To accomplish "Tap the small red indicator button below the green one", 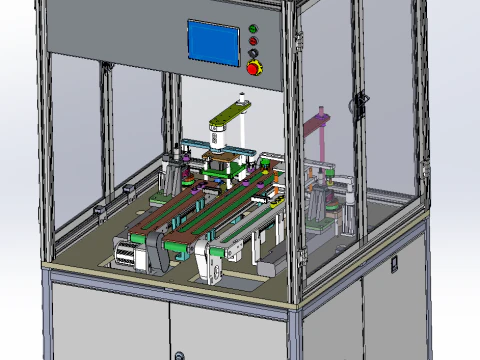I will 252,41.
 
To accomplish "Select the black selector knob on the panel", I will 252,53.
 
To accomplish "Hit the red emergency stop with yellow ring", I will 253,67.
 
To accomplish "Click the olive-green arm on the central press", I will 226,124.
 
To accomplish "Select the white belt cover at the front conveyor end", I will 210,263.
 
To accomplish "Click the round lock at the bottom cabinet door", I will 179,355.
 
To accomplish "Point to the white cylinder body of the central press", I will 219,145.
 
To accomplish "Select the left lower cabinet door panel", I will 108,325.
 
